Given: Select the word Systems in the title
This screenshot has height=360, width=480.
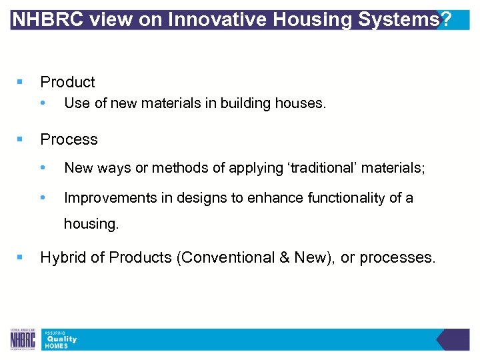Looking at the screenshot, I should pyautogui.click(x=397, y=19).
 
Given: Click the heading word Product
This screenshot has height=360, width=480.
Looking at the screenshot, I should pyautogui.click(x=67, y=82).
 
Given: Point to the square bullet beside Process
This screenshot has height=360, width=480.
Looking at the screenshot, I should pyautogui.click(x=19, y=139).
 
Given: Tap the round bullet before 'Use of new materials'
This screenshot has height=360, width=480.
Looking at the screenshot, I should pyautogui.click(x=43, y=103).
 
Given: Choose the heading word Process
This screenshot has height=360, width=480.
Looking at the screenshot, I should pyautogui.click(x=69, y=139).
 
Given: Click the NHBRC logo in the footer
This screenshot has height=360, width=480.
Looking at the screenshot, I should pyautogui.click(x=24, y=339).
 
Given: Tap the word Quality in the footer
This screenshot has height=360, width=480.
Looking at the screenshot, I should pyautogui.click(x=61, y=339).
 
